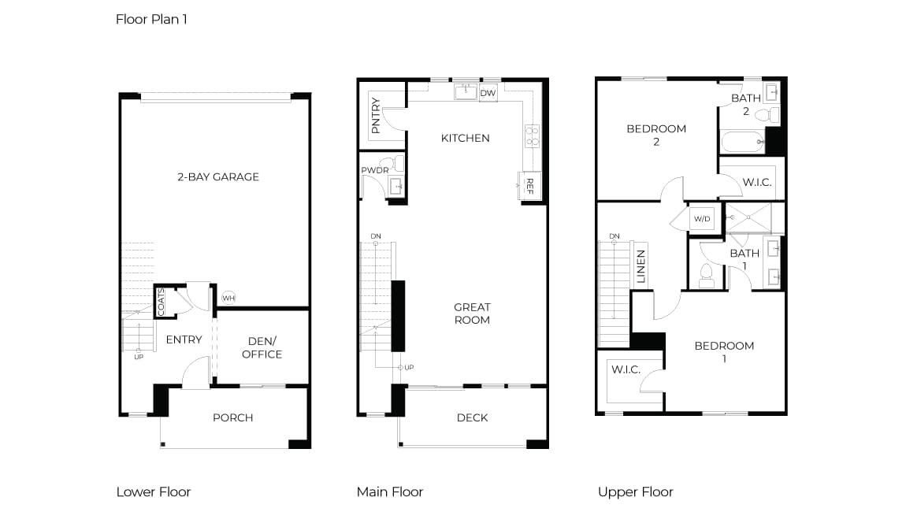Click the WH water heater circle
pos(228,299)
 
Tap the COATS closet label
pos(162,302)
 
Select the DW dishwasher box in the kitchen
pos(488,93)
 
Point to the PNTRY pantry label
pos(376,116)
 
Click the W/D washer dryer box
pos(702,219)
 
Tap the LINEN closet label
pos(641,266)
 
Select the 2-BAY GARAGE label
pos(217,176)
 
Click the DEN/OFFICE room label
pos(262,348)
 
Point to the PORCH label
pos(233,417)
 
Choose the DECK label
pos(472,417)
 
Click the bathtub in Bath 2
pos(743,142)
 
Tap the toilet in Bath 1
pos(707,276)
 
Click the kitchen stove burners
pos(532,135)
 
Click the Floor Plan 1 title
pos(151,19)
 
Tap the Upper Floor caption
pos(636,492)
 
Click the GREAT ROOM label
pos(472,314)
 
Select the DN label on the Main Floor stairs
pos(376,236)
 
